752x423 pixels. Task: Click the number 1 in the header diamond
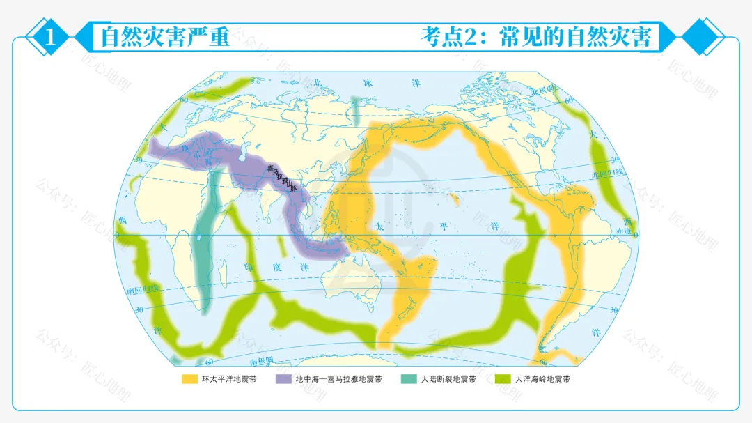[49, 37]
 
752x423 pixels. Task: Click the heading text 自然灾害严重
[165, 37]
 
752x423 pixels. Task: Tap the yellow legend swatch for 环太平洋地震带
[189, 379]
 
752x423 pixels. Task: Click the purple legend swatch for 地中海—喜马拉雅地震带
[283, 379]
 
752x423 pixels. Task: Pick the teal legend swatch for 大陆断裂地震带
[409, 379]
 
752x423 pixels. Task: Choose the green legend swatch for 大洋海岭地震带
[503, 379]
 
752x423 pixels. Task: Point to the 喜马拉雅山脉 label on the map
[281, 178]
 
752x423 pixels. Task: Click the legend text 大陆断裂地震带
[448, 379]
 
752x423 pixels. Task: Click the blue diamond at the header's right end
[703, 37]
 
